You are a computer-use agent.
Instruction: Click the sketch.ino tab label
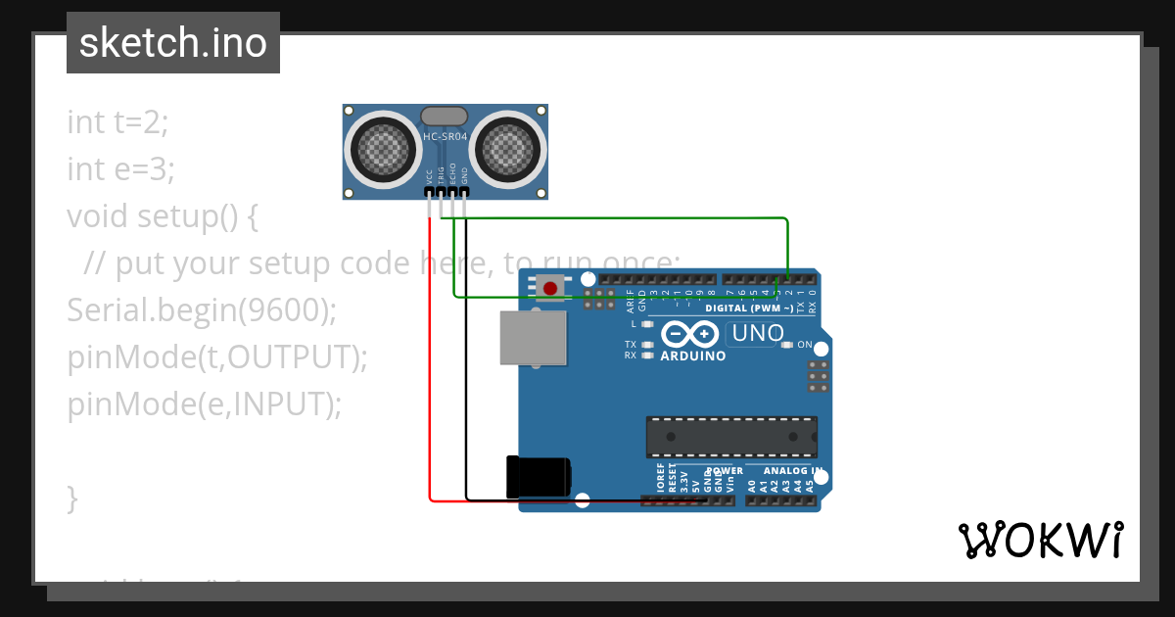coord(173,43)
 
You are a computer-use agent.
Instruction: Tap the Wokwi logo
coord(1040,540)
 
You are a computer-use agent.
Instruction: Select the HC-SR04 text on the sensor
coord(445,137)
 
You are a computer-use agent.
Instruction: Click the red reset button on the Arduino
coord(550,288)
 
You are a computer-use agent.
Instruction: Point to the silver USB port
coord(532,338)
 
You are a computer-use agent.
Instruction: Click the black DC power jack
coord(538,477)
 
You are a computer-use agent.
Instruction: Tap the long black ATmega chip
coord(730,437)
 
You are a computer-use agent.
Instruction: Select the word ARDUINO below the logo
coord(693,356)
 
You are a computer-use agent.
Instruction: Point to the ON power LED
coord(786,345)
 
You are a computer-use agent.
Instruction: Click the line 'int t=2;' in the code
coord(117,122)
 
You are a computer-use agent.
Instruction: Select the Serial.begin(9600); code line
coord(202,310)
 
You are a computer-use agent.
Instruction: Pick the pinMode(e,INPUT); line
coord(205,403)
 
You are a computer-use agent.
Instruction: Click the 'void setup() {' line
coord(162,216)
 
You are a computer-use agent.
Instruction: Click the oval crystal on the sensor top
coord(445,116)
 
